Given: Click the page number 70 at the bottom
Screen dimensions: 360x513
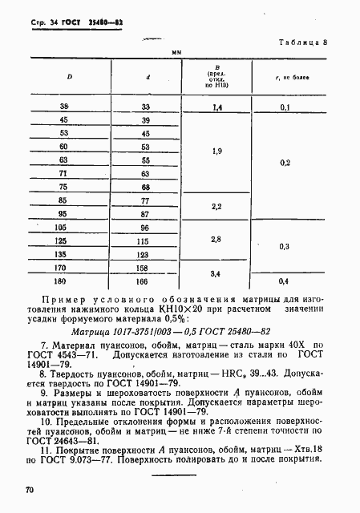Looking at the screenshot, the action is pos(21,487).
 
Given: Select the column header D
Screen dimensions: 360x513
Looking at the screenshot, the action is pos(69,78).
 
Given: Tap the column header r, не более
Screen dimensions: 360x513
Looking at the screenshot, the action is pos(304,78).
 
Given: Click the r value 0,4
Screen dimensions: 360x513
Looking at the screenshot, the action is pos(305,281).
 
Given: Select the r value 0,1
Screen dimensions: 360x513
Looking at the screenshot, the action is pos(305,106).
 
